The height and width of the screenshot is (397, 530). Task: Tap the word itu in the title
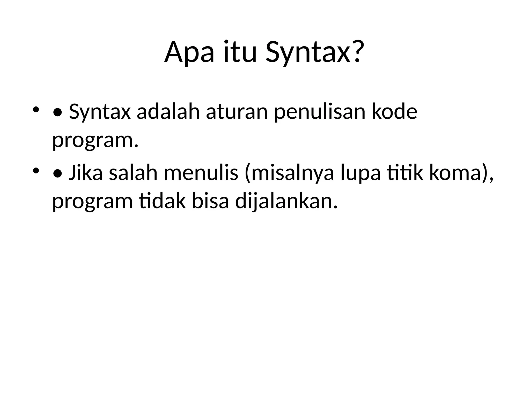click(240, 52)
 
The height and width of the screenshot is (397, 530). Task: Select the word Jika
click(86, 173)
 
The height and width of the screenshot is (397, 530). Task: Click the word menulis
click(201, 173)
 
